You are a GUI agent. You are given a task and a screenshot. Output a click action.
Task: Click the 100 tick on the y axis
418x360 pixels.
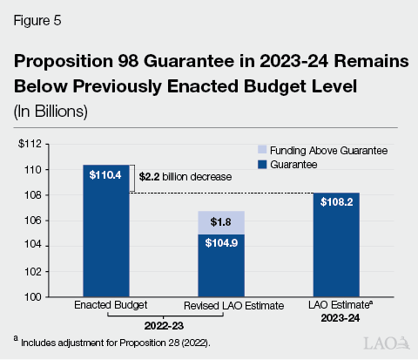tap(35, 297)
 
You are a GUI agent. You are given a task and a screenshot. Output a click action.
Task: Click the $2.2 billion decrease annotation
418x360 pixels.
tap(185, 176)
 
